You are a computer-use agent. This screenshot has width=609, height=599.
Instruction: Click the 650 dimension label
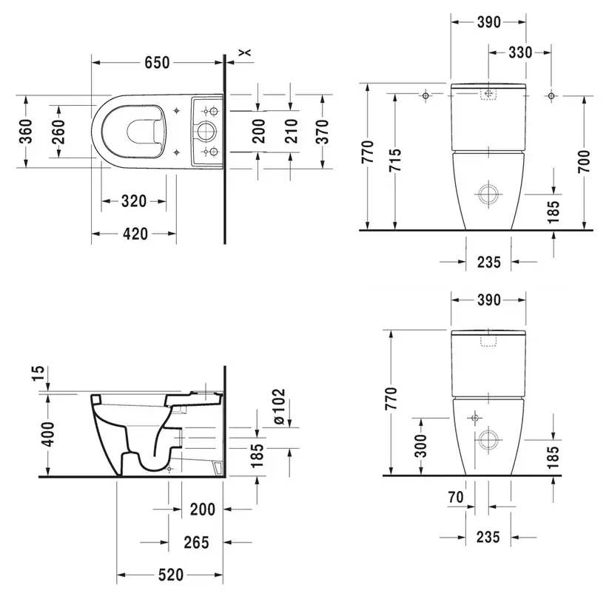158,63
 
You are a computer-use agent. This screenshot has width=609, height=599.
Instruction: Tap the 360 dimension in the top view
26,131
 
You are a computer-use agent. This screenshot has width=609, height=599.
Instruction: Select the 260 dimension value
58,132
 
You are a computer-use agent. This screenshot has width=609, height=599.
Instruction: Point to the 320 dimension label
134,201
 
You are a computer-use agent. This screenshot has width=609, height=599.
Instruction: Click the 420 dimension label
135,234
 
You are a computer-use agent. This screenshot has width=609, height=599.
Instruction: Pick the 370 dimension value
322,132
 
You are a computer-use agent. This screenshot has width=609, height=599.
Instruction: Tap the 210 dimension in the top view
291,131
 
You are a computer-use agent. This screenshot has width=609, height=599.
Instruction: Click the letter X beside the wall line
245,53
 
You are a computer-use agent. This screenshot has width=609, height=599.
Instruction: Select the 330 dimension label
520,53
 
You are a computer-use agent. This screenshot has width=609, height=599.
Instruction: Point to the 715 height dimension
395,160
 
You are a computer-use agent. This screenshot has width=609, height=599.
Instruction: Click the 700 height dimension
584,161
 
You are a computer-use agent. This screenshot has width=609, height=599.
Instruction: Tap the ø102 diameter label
278,406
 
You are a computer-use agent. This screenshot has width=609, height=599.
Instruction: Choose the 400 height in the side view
48,434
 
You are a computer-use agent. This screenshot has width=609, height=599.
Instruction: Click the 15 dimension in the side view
38,373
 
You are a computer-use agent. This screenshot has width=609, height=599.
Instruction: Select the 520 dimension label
171,575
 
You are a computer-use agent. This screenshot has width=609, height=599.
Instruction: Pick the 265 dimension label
197,542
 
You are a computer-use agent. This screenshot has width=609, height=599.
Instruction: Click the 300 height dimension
420,446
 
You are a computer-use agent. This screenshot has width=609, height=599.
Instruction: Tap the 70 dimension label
456,497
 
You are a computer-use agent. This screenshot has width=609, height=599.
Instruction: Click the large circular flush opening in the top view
206,132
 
